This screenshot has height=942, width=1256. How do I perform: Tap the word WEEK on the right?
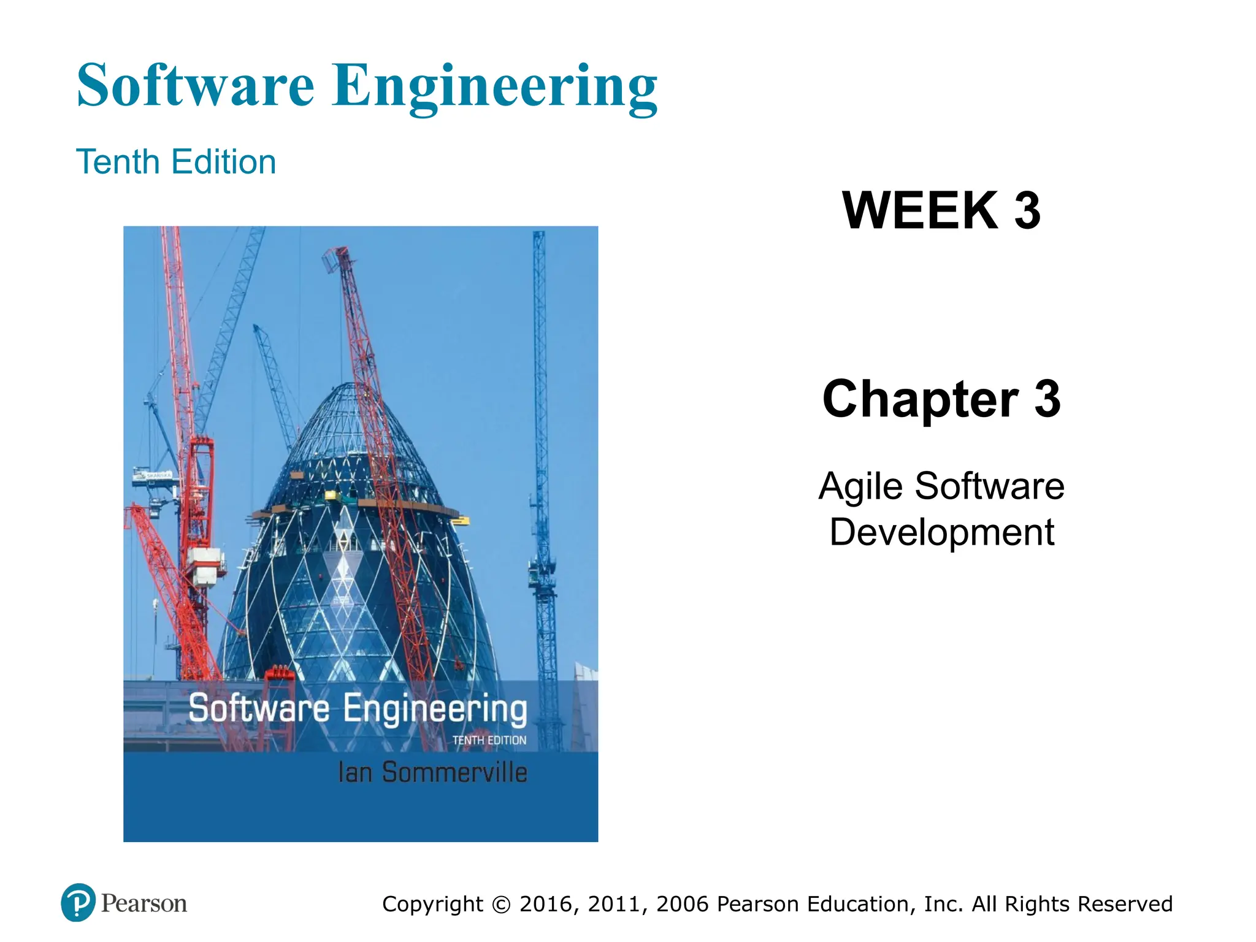point(920,210)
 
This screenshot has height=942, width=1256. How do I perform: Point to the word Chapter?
point(920,399)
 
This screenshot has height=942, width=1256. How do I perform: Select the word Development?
point(941,532)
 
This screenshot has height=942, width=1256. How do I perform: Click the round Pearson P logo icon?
point(78,903)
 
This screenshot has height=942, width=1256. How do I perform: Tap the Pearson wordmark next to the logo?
point(144,903)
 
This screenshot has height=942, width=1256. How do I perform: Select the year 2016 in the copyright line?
point(548,905)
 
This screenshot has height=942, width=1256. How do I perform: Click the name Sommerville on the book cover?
point(454,772)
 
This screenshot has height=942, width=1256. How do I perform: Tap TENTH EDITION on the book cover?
point(489,740)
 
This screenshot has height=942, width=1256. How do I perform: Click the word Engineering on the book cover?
point(435,709)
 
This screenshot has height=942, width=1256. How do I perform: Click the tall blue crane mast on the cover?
point(540,429)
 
